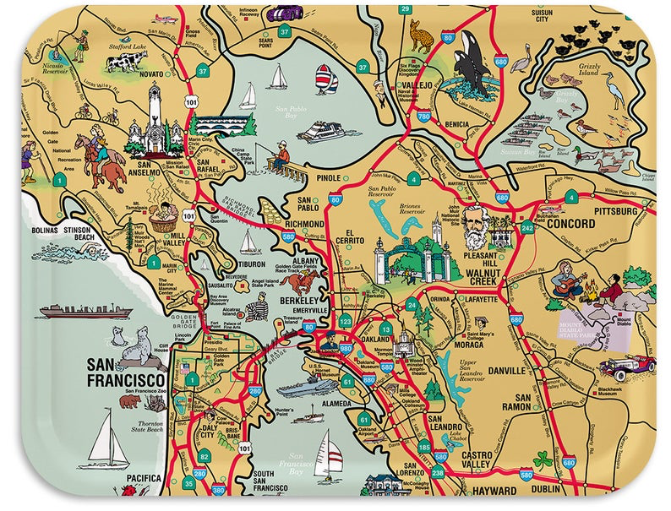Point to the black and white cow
point(127,62)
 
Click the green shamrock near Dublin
point(543,461)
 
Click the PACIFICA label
point(143,479)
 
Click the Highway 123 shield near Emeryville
point(345,322)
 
